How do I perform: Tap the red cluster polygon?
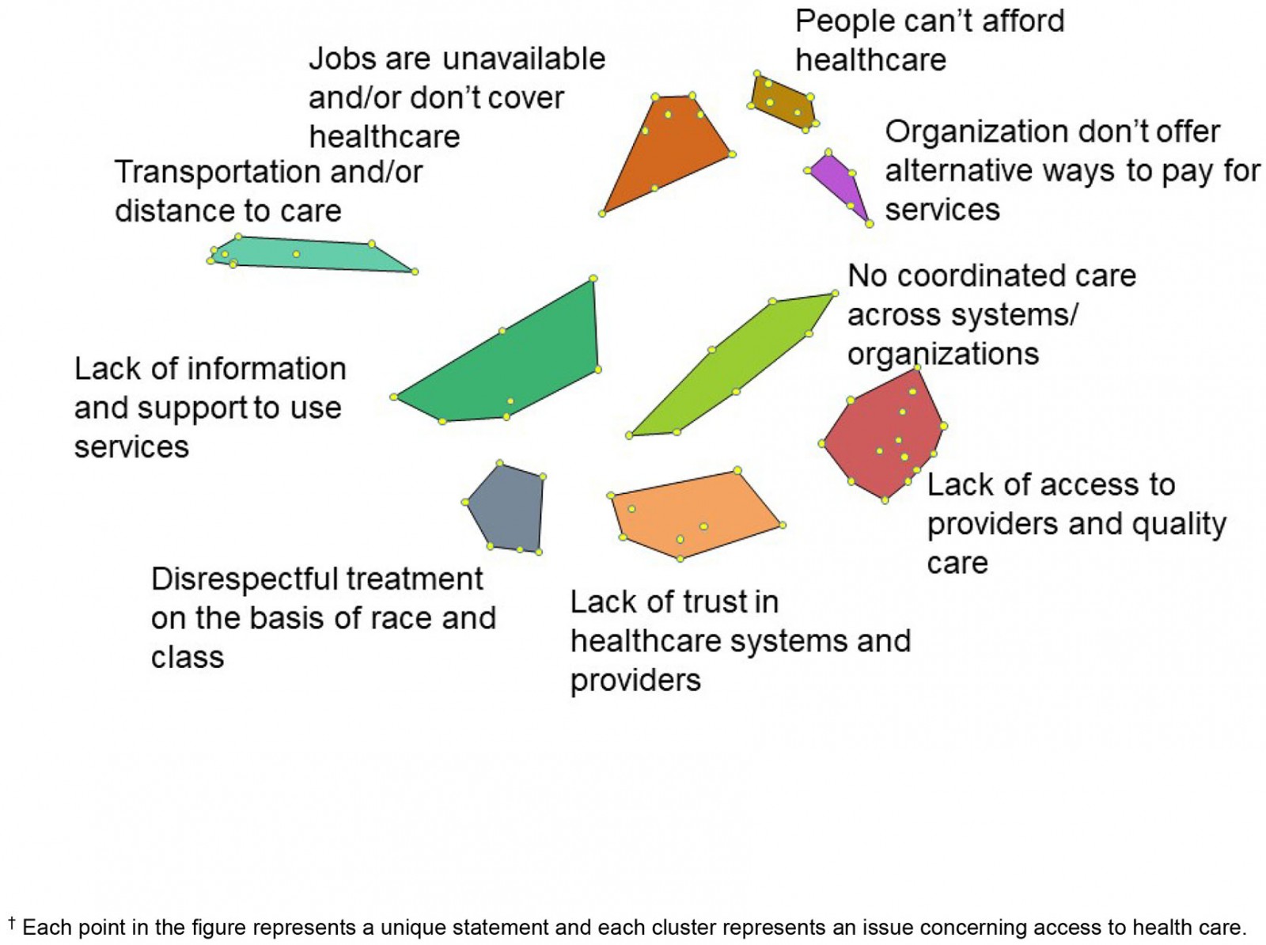(883, 435)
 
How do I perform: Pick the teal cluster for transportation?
(309, 255)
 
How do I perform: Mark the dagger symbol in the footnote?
(12, 922)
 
